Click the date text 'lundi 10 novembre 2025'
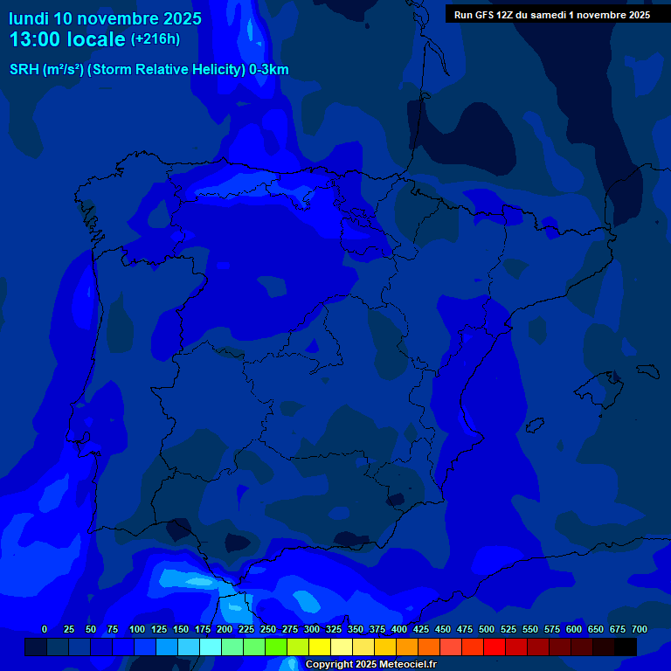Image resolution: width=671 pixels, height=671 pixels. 105,18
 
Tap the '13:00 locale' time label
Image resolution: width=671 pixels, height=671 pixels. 67,39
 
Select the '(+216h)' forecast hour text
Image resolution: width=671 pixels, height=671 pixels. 155,38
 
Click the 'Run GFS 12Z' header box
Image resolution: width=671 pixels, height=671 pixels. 551,15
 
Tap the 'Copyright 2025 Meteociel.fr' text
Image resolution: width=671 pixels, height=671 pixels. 370,665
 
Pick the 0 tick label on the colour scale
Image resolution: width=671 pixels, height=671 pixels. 45,629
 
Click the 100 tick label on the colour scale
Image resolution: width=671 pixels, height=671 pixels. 137,629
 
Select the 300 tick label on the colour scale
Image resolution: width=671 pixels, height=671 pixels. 312,629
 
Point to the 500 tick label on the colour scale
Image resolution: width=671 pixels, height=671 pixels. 487,629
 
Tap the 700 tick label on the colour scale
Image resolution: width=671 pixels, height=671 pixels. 640,629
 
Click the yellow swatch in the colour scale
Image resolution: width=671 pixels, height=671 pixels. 320,647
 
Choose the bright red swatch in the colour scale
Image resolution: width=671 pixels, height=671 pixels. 495,647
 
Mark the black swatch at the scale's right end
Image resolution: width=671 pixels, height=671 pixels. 626,647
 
